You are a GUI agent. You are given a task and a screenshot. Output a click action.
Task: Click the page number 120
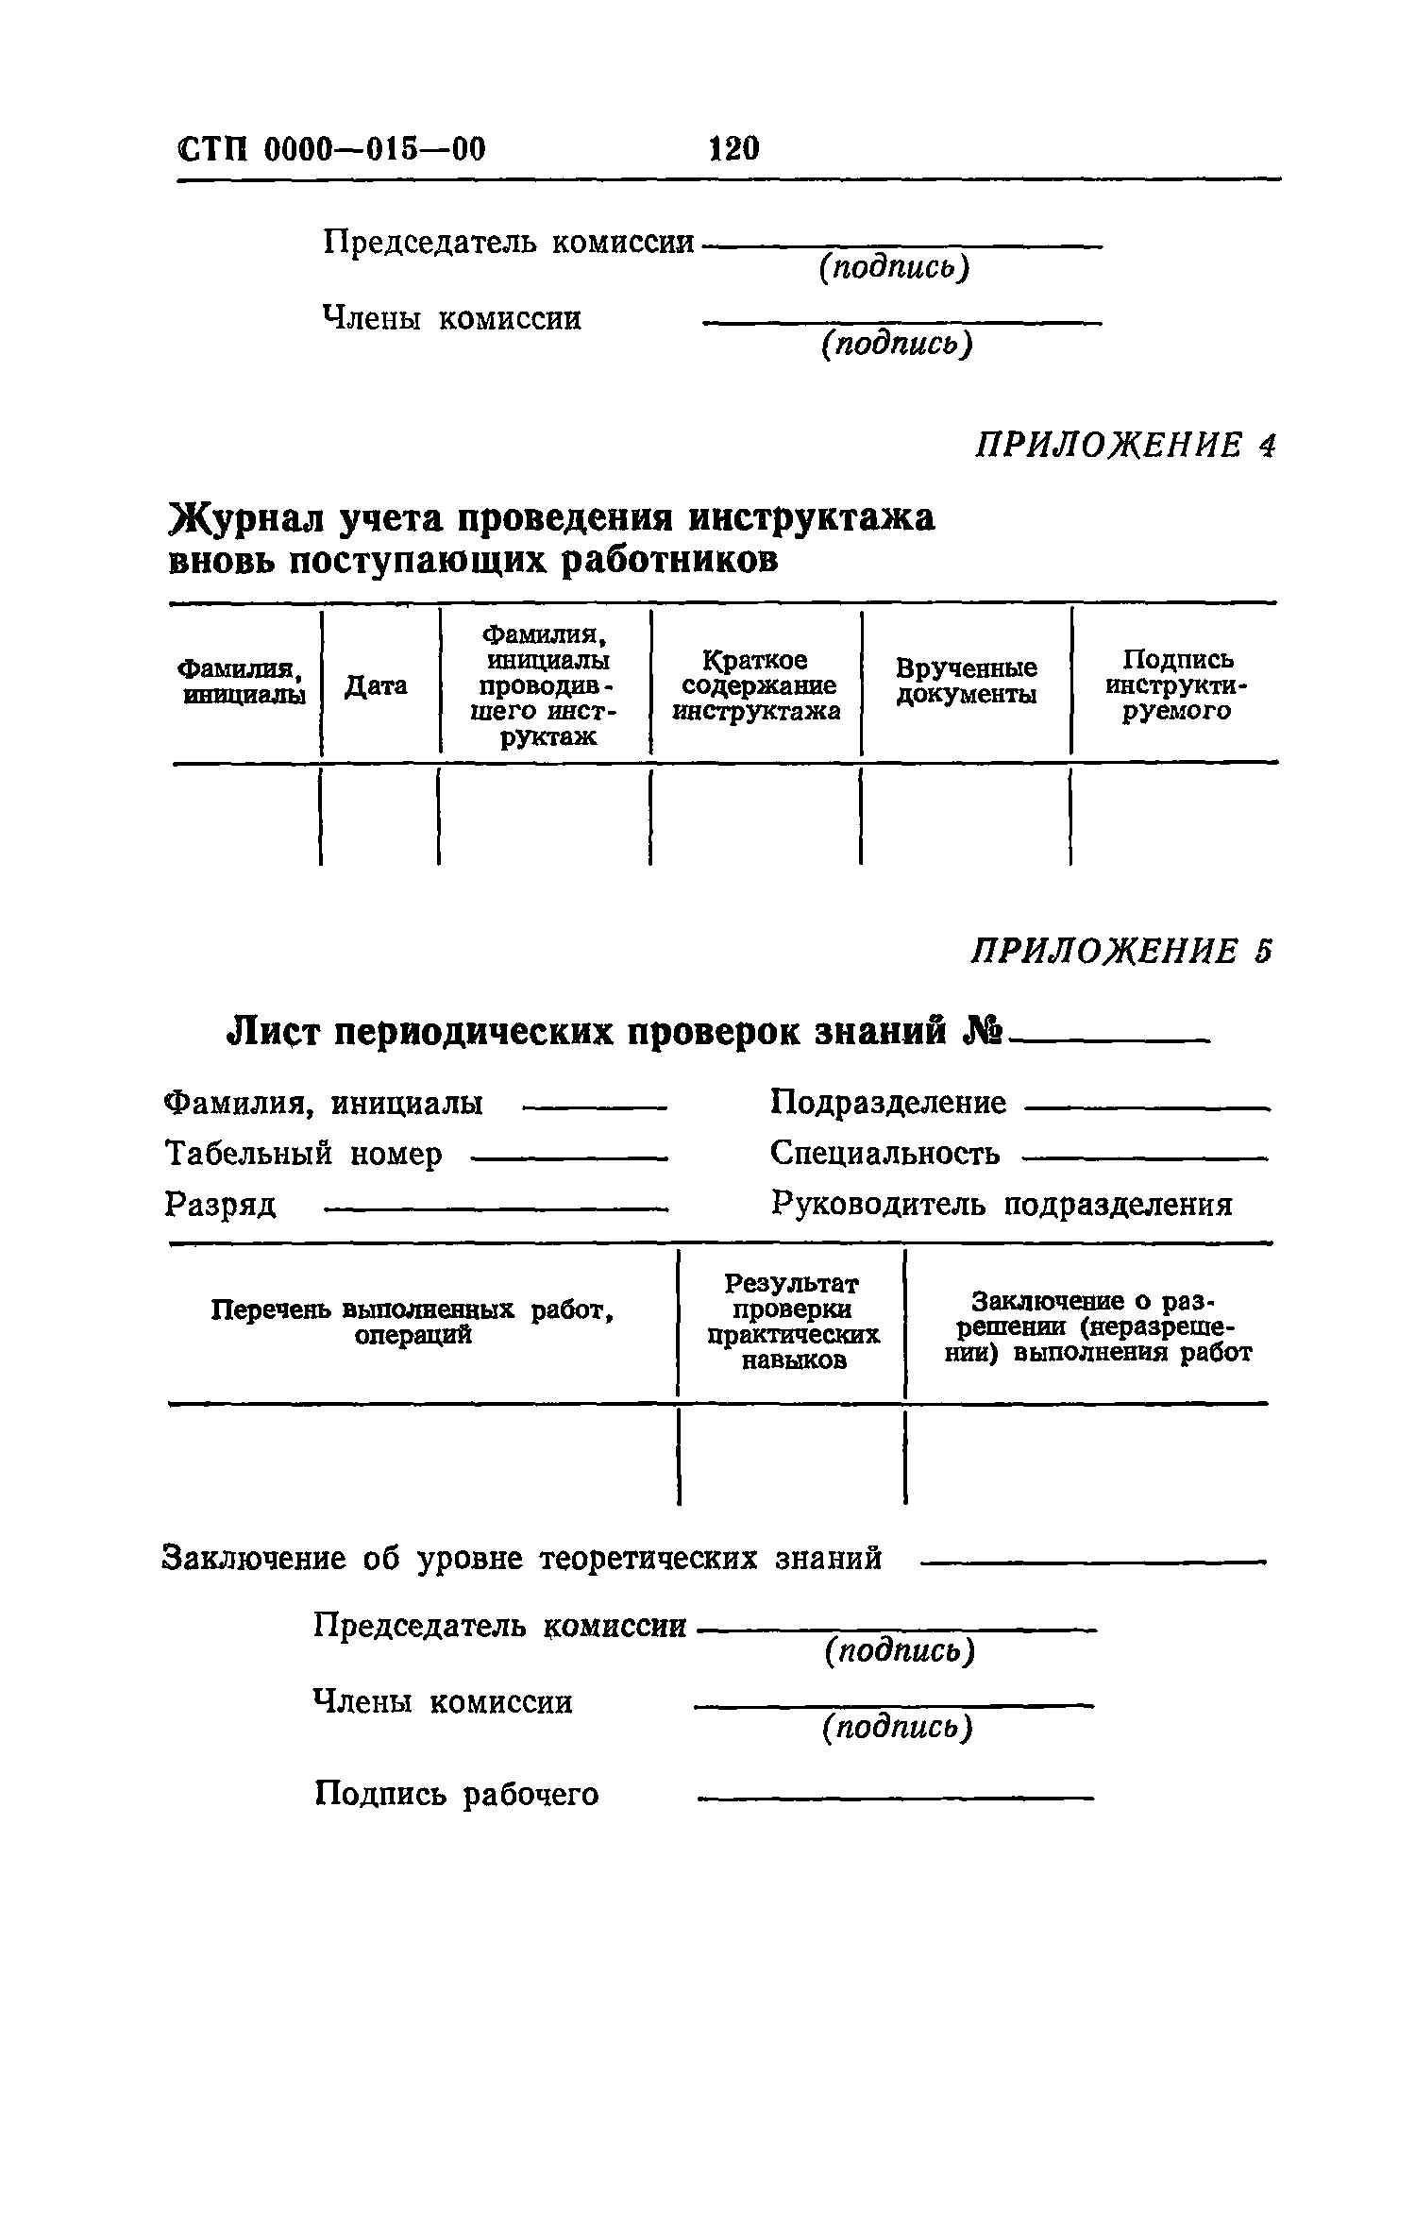click(733, 148)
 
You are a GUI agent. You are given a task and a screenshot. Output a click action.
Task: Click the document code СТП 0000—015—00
click(331, 149)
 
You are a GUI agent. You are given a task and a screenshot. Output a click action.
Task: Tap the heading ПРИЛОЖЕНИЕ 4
click(1124, 445)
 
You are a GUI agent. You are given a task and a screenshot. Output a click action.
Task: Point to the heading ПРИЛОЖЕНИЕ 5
click(1122, 951)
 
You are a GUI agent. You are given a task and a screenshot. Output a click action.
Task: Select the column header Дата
click(376, 685)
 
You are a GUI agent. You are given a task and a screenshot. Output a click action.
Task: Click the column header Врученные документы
click(966, 682)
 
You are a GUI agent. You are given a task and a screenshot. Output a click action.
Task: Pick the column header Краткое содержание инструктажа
click(755, 685)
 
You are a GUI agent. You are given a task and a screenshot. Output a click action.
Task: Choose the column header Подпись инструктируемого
click(1176, 685)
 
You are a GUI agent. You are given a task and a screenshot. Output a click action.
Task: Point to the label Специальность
click(885, 1153)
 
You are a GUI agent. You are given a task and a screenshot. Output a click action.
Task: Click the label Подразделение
click(888, 1102)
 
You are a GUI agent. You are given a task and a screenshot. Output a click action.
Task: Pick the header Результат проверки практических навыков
click(792, 1322)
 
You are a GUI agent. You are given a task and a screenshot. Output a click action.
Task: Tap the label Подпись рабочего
click(456, 1794)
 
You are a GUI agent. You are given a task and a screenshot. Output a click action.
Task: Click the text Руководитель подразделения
click(1002, 1204)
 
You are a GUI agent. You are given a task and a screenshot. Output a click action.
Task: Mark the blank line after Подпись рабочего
click(894, 1799)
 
